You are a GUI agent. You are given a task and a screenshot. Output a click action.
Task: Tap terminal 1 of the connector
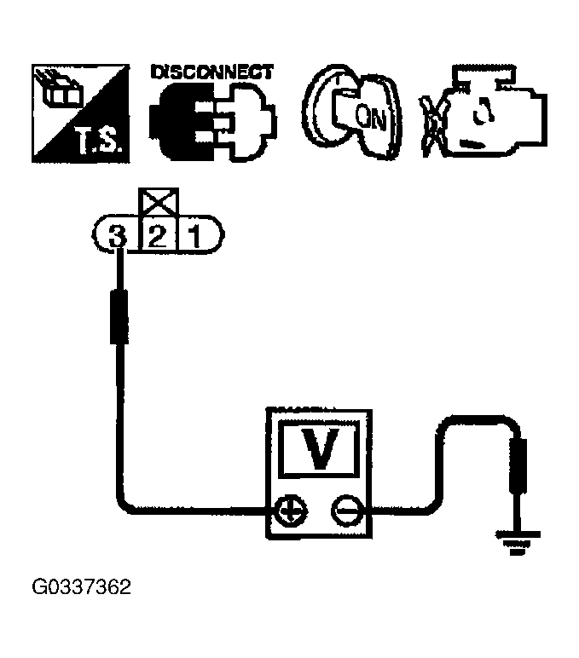tap(194, 234)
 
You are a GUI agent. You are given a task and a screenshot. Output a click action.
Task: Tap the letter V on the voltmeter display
tap(319, 449)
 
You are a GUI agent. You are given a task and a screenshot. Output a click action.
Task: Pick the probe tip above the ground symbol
tap(517, 466)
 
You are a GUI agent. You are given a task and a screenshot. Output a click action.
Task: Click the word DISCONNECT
tap(211, 72)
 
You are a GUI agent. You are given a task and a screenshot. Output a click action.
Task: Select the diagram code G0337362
tap(81, 588)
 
